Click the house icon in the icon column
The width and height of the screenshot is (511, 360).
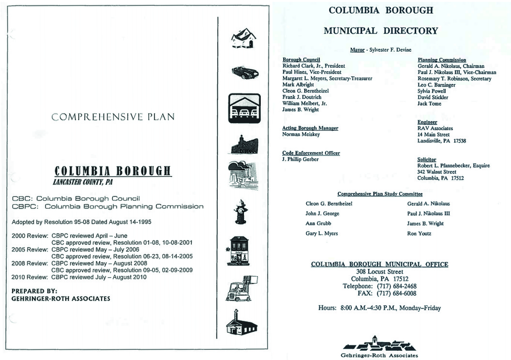(243, 38)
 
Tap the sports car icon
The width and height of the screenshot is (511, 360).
(245, 72)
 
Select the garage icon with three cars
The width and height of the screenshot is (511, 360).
(244, 108)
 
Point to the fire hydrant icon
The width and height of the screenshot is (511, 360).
(240, 212)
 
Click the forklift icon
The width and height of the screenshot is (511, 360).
(241, 289)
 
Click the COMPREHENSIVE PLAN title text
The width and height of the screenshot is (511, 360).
(113, 117)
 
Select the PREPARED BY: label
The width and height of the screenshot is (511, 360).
(34, 291)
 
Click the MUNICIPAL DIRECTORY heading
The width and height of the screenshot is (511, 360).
(380, 31)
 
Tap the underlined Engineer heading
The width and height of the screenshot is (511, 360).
(427, 122)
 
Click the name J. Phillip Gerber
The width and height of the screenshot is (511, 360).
(300, 160)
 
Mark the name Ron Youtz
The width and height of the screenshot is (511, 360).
(419, 234)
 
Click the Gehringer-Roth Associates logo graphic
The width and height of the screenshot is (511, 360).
(379, 344)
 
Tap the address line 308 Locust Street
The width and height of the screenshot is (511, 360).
(379, 272)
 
